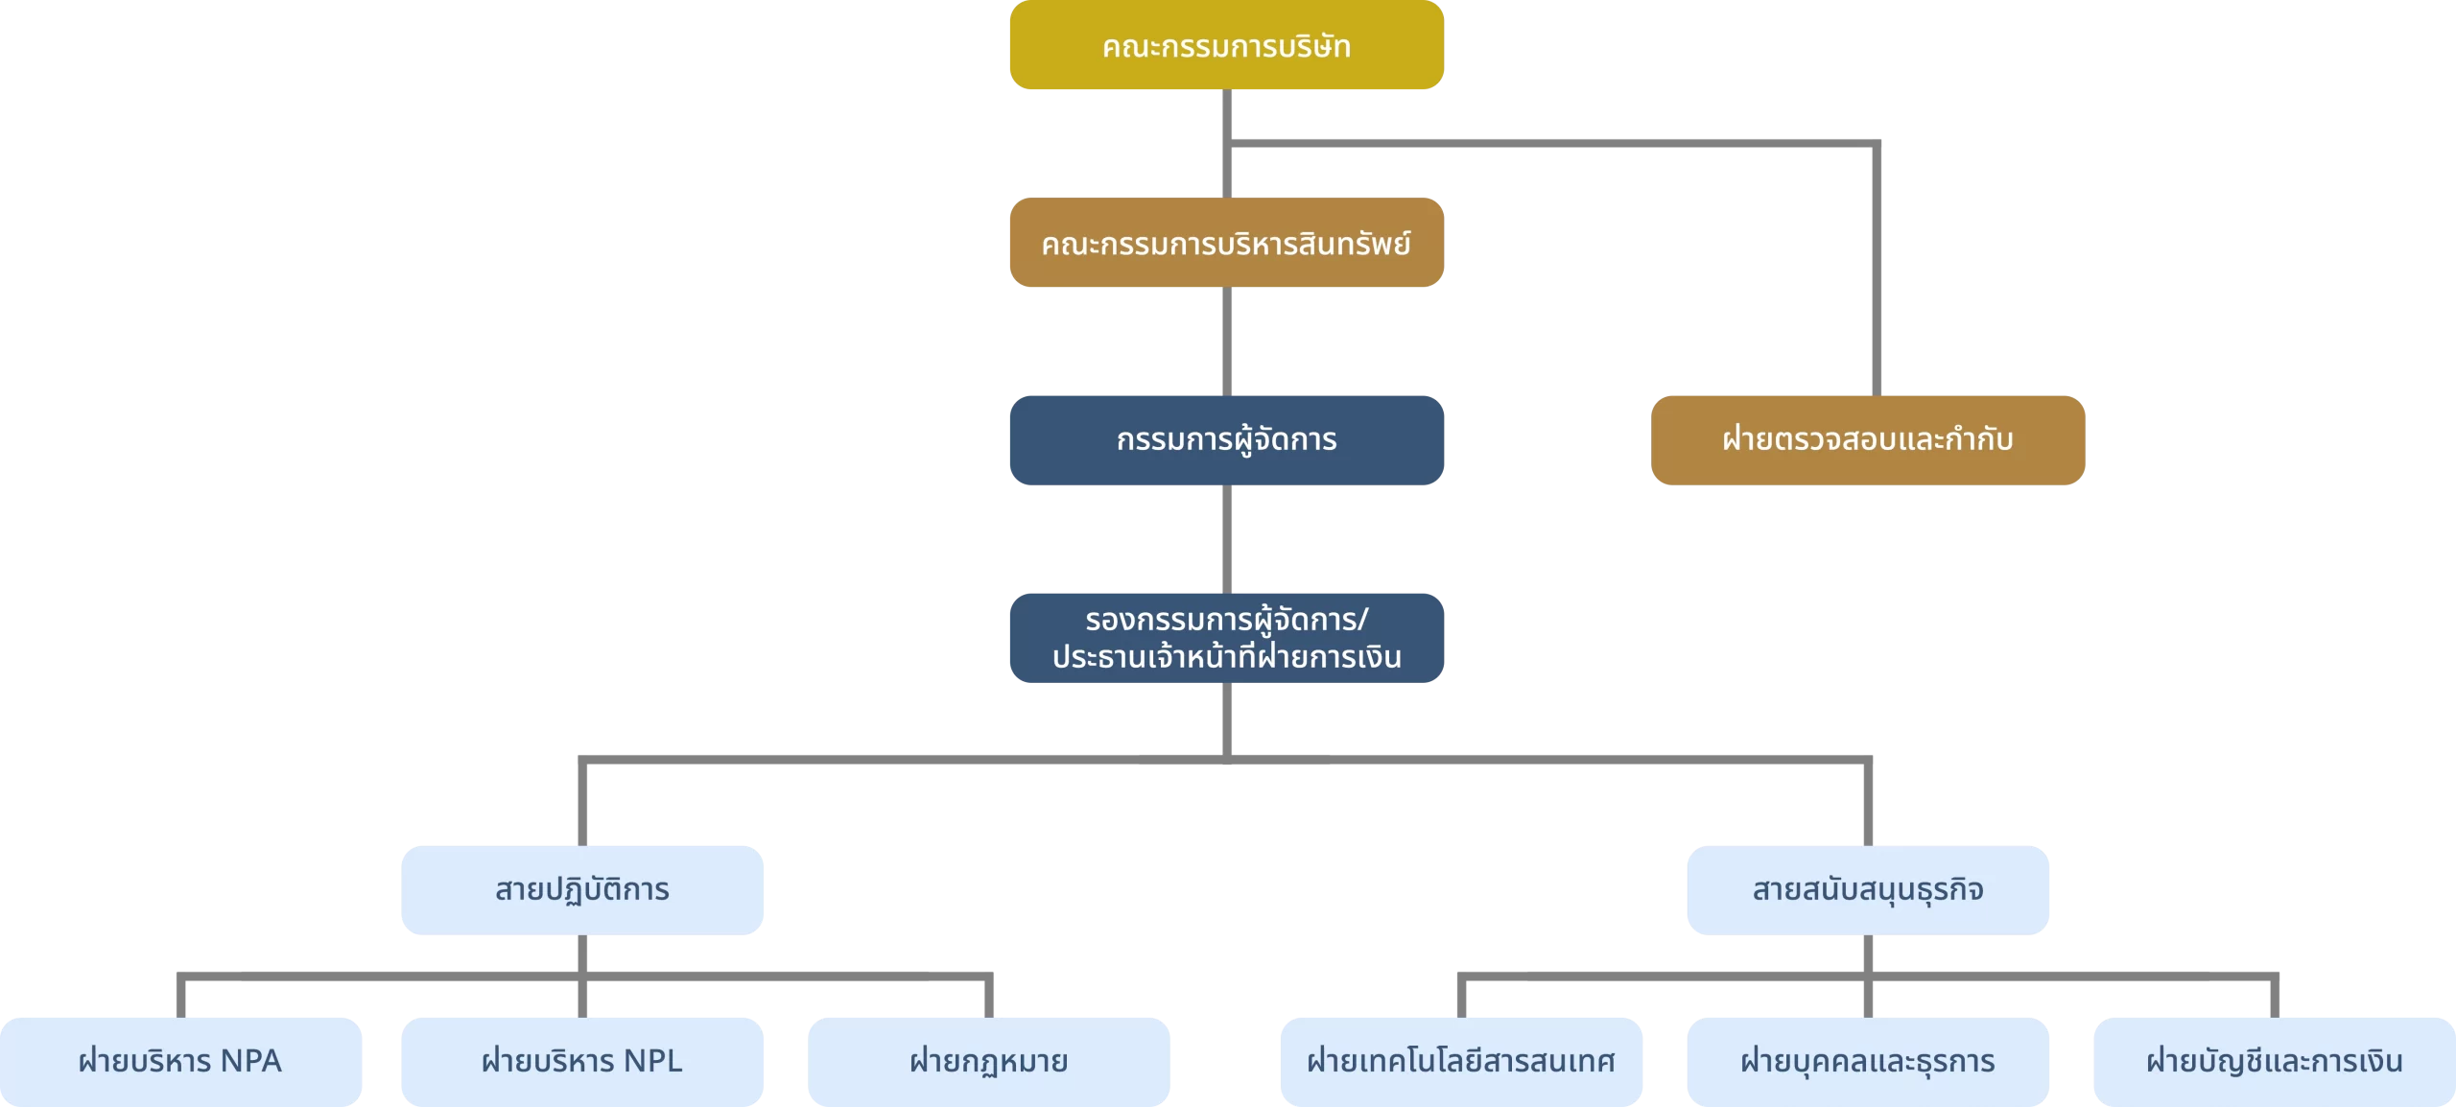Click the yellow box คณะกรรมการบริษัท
point(1226,45)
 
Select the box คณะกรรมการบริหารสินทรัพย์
point(1226,243)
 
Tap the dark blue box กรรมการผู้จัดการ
point(1226,440)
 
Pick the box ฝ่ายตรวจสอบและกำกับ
point(1867,440)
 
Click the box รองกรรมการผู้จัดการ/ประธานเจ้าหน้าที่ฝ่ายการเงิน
point(1226,638)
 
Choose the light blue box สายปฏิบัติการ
point(582,890)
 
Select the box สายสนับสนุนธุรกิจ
point(1868,890)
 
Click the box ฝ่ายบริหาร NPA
point(180,1062)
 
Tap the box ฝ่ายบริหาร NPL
point(582,1062)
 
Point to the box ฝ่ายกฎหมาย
point(988,1062)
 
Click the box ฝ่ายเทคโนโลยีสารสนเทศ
point(1461,1062)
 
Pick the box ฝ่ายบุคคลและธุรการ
point(1868,1062)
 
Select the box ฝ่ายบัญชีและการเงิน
point(2275,1062)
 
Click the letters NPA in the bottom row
point(250,1061)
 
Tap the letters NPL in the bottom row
point(652,1061)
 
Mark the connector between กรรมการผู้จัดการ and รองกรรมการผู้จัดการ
point(1227,539)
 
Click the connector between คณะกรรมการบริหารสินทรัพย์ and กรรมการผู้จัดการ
point(1227,342)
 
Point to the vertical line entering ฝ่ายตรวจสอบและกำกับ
point(1877,270)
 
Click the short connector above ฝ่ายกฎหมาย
point(989,998)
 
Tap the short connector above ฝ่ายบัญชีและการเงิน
point(2275,998)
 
